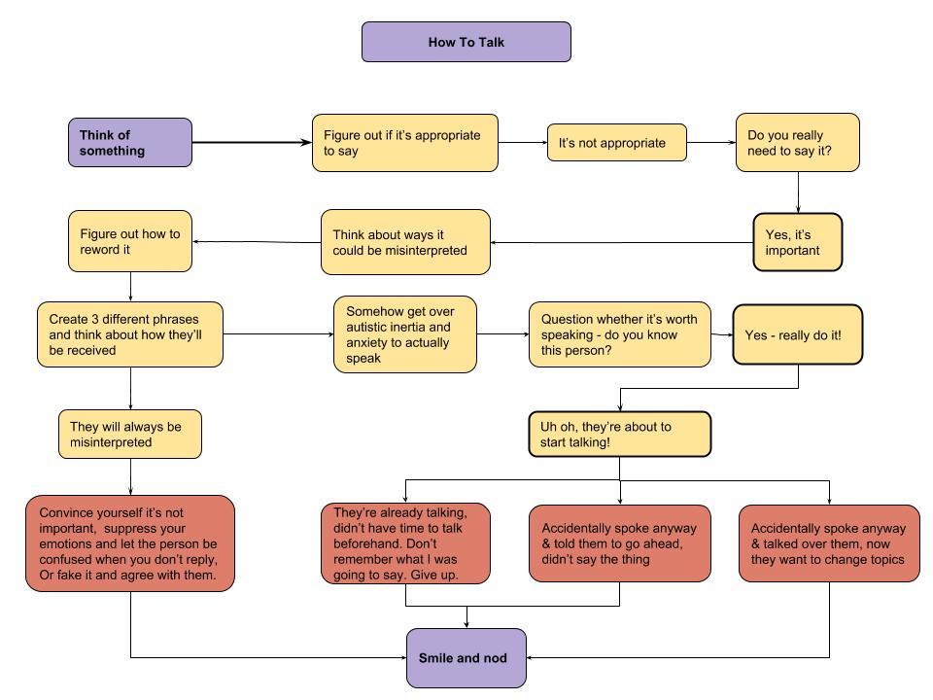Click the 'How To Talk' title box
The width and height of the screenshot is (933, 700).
(x=466, y=43)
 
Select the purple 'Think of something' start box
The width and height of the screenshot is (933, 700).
(x=130, y=143)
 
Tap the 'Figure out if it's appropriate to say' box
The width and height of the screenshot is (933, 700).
(x=403, y=143)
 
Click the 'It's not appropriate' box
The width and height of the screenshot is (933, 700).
(x=616, y=143)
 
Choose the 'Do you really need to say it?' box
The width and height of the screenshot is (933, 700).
(x=797, y=143)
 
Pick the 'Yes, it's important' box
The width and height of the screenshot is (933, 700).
(x=797, y=241)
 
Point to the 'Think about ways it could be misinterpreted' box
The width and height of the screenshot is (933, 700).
(x=405, y=242)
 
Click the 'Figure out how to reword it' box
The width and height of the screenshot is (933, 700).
(x=130, y=241)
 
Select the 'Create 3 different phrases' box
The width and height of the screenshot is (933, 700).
(x=130, y=333)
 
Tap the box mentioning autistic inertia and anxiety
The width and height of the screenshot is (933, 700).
(x=405, y=333)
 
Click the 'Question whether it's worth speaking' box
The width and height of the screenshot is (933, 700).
(x=619, y=333)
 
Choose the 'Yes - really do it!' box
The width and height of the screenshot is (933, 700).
(x=797, y=333)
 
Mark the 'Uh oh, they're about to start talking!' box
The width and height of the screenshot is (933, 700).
(x=619, y=435)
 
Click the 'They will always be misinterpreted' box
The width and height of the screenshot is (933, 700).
(x=130, y=434)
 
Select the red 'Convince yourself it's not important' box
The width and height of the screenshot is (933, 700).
(x=130, y=542)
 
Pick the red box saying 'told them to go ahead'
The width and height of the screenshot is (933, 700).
(x=619, y=542)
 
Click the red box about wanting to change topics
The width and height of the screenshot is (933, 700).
(x=829, y=542)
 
